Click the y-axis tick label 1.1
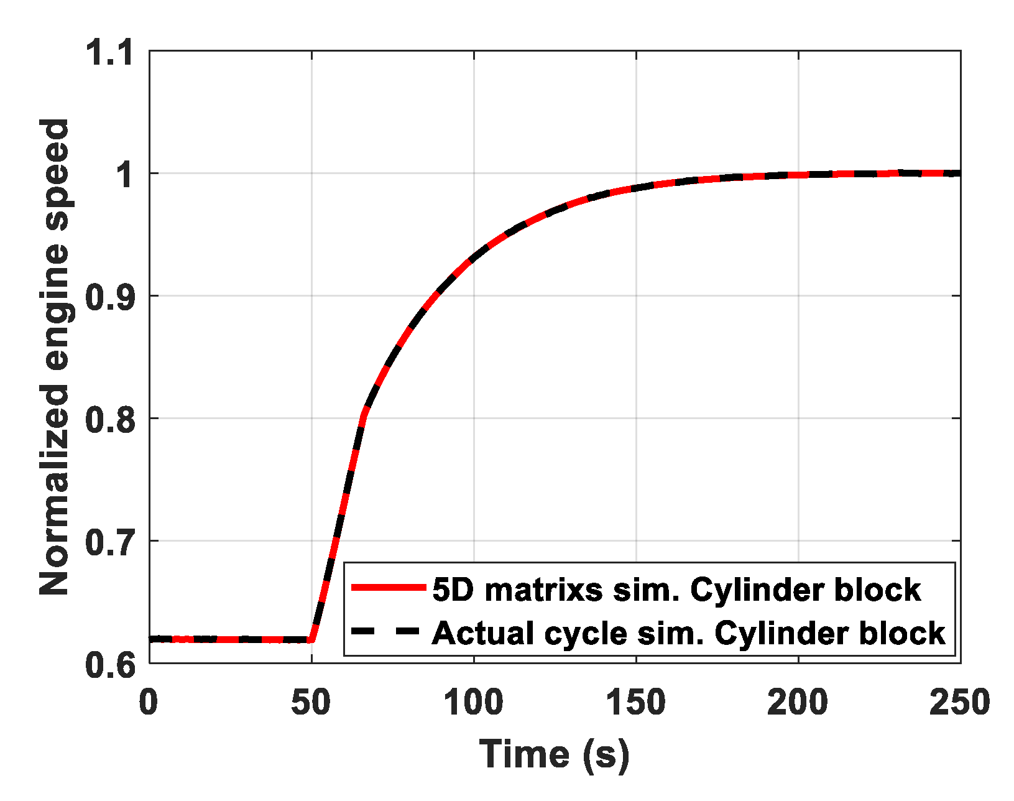pyautogui.click(x=110, y=52)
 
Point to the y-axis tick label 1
pyautogui.click(x=125, y=175)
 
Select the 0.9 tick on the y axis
pyautogui.click(x=110, y=297)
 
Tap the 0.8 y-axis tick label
pyautogui.click(x=110, y=420)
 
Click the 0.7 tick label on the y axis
pyautogui.click(x=110, y=542)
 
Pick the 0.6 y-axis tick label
pyautogui.click(x=110, y=665)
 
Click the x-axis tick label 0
pyautogui.click(x=149, y=703)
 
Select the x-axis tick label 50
pyautogui.click(x=311, y=703)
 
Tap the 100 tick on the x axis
pyautogui.click(x=473, y=703)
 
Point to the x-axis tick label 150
pyautogui.click(x=635, y=703)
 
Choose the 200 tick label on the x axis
pyautogui.click(x=798, y=703)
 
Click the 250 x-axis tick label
pyautogui.click(x=959, y=703)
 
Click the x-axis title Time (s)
pyautogui.click(x=555, y=754)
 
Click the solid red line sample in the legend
pyautogui.click(x=388, y=588)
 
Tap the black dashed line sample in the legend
pyautogui.click(x=388, y=632)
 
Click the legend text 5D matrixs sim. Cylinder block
pyautogui.click(x=676, y=589)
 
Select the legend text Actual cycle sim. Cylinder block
pyautogui.click(x=688, y=633)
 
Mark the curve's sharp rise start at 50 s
pyautogui.click(x=312, y=639)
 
